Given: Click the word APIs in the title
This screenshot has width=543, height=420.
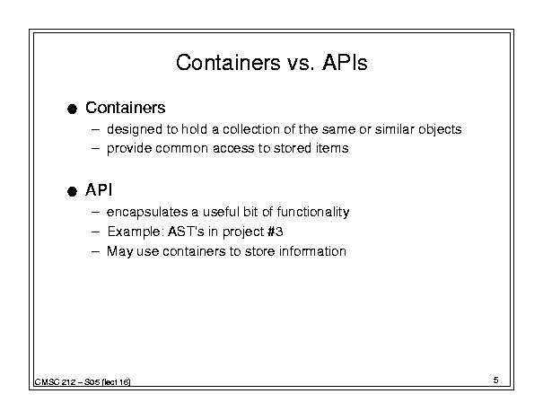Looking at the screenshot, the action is pos(345,63).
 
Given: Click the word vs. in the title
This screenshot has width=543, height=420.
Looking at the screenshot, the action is pos(301,64).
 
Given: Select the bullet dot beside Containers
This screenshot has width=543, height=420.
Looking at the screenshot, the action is pos(72,109).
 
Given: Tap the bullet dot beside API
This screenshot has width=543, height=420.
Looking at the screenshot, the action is pos(72,191).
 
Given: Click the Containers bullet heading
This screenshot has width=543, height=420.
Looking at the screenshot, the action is pos(126,108).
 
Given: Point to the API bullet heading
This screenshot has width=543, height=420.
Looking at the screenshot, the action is pos(99,189).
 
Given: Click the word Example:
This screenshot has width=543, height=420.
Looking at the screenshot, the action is pos(136,232).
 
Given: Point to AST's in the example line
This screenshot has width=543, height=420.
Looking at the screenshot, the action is pos(186,232).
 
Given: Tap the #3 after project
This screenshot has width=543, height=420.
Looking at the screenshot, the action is pos(276,232).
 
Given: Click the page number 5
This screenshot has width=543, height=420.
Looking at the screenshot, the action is pos(496,381).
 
